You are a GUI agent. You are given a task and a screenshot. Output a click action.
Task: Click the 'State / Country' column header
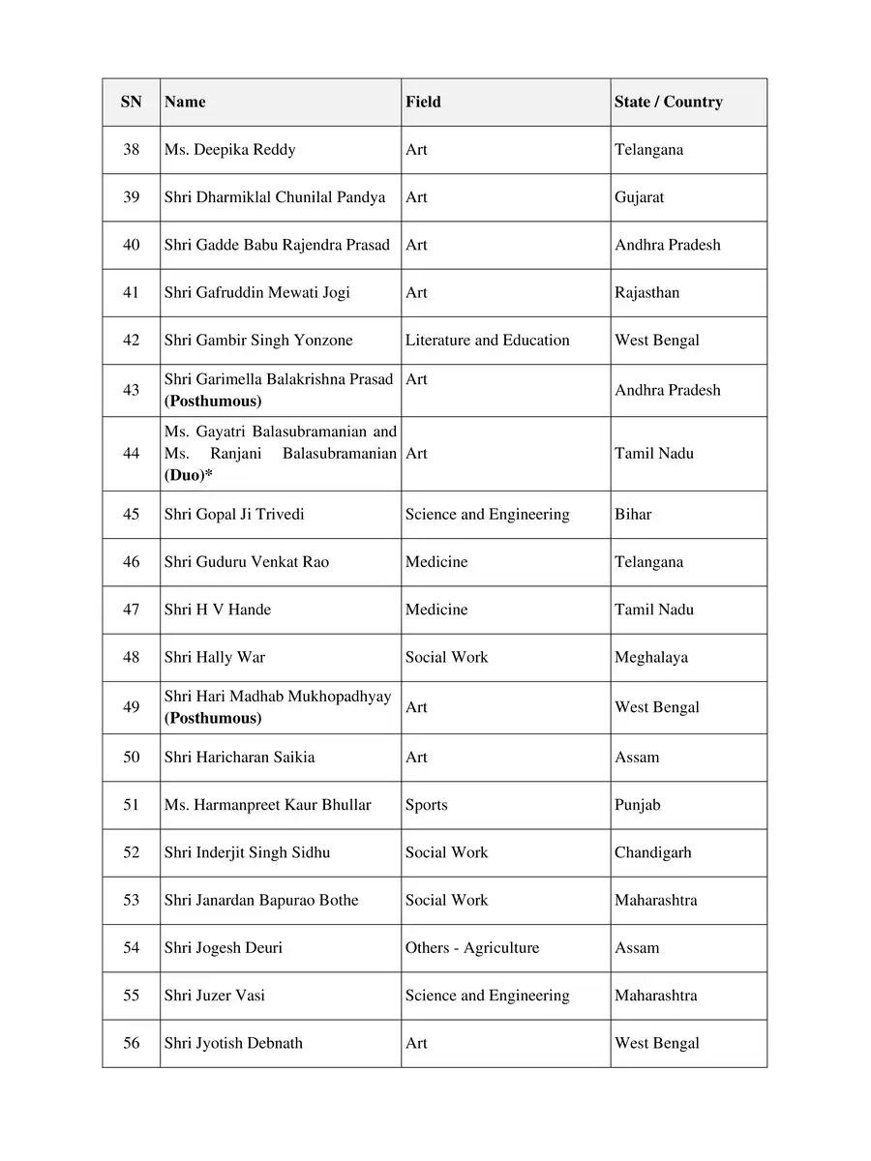(x=668, y=102)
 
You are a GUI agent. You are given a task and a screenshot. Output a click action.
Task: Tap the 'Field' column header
(x=423, y=102)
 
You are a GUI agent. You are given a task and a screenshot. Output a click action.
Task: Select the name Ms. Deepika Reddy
(x=229, y=150)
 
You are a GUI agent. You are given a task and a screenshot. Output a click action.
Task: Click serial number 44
(x=132, y=453)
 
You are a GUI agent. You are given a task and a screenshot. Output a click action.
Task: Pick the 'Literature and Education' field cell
(x=487, y=341)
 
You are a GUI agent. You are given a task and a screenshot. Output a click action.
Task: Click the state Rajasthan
(x=646, y=292)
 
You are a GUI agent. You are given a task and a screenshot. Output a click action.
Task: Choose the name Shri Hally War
(x=214, y=658)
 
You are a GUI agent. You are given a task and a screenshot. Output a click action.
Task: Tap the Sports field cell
(x=426, y=805)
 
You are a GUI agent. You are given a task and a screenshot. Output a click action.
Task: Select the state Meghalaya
(x=651, y=658)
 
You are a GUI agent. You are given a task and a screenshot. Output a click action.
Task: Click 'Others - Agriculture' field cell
(x=471, y=948)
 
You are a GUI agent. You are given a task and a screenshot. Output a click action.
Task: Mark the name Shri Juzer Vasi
(x=214, y=996)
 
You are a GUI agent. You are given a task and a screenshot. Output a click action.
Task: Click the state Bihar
(x=633, y=515)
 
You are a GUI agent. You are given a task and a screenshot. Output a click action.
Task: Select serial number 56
(x=132, y=1043)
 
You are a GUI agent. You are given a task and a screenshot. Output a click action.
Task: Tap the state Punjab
(x=638, y=805)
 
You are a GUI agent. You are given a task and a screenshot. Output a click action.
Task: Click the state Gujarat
(x=639, y=197)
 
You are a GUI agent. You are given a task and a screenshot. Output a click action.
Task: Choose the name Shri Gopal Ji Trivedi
(x=233, y=515)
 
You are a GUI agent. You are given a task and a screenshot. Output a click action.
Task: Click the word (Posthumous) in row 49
(x=213, y=719)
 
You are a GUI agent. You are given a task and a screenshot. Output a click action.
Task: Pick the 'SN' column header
(x=132, y=102)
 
